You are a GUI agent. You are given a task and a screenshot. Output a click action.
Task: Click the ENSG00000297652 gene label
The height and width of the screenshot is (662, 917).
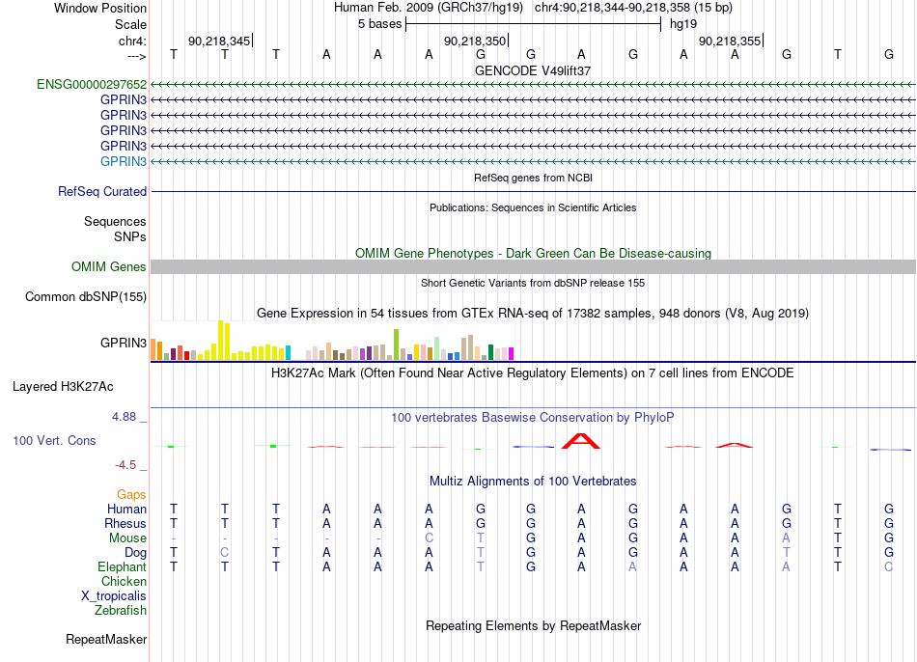click(92, 84)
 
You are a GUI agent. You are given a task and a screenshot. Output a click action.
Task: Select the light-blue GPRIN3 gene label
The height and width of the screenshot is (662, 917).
click(124, 161)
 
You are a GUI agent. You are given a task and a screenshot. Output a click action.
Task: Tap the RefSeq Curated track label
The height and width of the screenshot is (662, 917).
click(102, 191)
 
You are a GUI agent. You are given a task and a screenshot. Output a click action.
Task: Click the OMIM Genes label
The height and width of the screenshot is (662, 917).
click(109, 266)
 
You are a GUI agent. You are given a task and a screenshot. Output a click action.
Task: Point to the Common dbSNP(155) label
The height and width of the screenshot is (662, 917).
click(86, 296)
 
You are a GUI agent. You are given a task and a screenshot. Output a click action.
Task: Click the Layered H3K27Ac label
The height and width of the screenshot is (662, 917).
click(63, 387)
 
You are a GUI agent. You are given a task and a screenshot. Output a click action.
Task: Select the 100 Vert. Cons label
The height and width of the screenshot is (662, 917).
click(54, 440)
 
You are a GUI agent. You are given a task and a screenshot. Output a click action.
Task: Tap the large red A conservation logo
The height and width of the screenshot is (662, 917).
click(581, 441)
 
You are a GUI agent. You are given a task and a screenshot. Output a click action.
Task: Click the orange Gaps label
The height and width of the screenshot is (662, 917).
click(131, 495)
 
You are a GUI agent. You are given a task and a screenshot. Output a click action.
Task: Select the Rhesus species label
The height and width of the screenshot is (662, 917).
click(125, 523)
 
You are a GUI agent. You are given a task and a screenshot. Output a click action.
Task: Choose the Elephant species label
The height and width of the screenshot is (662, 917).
click(123, 566)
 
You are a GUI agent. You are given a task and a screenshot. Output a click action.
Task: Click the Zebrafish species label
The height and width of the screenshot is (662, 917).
click(121, 610)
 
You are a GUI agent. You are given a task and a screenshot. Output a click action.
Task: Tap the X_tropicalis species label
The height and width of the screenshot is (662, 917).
click(114, 596)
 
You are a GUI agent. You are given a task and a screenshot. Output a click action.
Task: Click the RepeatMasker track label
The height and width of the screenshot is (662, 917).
click(106, 639)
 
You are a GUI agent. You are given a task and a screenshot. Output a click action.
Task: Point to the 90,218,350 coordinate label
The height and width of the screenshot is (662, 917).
click(475, 41)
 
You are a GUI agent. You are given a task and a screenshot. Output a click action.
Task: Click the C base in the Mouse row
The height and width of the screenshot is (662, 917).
click(429, 538)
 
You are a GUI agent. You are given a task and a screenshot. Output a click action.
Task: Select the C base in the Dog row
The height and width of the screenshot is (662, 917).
click(225, 553)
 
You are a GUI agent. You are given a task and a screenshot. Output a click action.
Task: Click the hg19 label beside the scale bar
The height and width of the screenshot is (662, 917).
click(683, 24)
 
